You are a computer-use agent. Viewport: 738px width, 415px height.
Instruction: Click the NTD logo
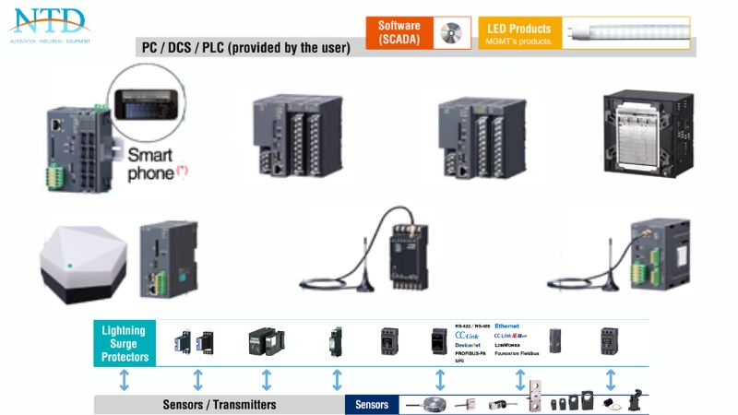pos(48,22)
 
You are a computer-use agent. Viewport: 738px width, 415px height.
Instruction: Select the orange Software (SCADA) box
pos(399,32)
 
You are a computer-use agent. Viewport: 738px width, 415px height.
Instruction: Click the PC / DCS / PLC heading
pos(245,48)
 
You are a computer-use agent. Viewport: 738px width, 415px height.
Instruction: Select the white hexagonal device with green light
pos(82,260)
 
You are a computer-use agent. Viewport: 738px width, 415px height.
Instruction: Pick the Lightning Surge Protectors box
pos(125,343)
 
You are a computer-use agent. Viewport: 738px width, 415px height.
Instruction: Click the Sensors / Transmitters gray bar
pos(219,404)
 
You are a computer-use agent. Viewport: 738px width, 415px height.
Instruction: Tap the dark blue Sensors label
pos(372,404)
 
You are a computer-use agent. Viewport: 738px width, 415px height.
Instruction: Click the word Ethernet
pos(506,326)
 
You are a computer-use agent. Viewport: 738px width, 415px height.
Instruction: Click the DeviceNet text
pos(468,344)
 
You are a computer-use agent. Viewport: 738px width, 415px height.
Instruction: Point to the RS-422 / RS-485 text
pos(472,326)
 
